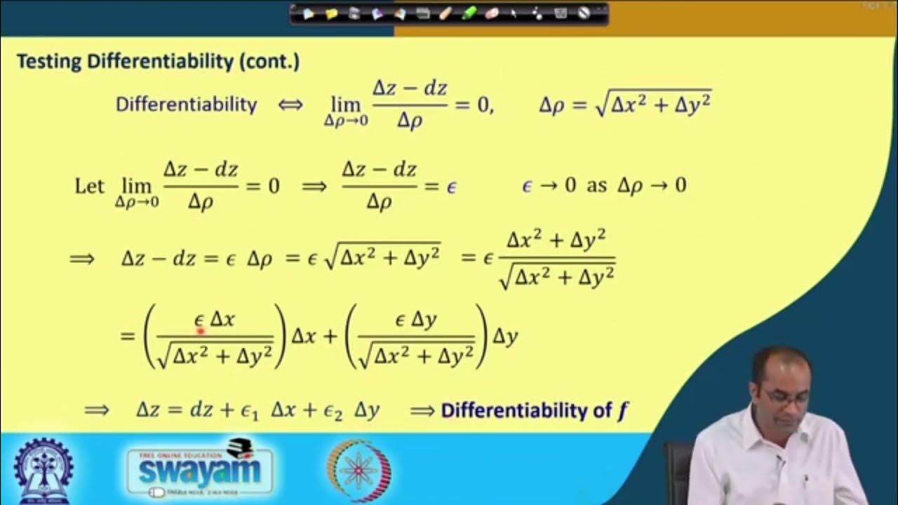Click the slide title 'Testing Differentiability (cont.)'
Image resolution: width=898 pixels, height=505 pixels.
pos(158,62)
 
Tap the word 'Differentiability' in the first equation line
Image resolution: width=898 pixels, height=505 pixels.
pos(186,105)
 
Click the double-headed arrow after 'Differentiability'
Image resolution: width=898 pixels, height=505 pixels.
pos(290,105)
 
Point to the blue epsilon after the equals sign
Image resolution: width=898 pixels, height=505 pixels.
pos(451,187)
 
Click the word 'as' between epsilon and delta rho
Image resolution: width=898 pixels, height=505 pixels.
pos(596,186)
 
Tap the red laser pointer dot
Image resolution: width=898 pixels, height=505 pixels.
pos(200,330)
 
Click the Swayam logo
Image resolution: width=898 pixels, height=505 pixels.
pos(200,469)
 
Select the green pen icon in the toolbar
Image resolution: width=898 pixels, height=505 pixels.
pos(469,13)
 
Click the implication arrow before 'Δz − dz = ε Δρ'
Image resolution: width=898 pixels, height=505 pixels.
pos(82,259)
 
